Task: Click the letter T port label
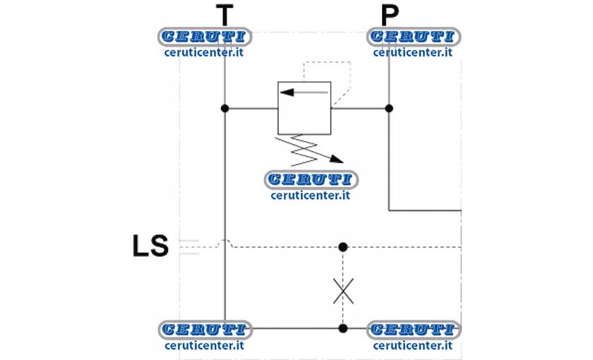[x=224, y=15]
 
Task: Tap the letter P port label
[x=390, y=15]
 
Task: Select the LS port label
[x=150, y=246]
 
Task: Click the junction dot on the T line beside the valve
[x=225, y=109]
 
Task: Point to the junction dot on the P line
[x=389, y=109]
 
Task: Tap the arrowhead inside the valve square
[x=287, y=92]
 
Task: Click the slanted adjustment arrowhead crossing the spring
[x=336, y=160]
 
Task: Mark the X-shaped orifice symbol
[x=343, y=291]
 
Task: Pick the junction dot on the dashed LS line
[x=343, y=247]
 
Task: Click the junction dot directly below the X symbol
[x=343, y=328]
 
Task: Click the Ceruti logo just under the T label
[x=205, y=37]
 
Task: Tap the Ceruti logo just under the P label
[x=414, y=37]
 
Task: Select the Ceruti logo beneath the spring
[x=311, y=179]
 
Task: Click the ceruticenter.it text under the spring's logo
[x=311, y=196]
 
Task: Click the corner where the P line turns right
[x=389, y=210]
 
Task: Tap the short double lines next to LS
[x=188, y=247]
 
